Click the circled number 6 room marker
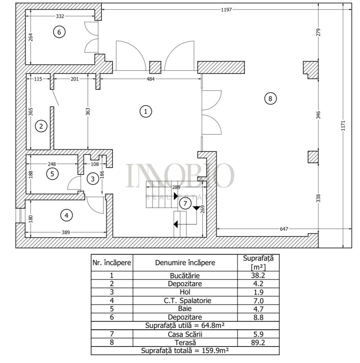59,32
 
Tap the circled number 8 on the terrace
270,99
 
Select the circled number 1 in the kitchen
146,111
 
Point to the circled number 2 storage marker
41,126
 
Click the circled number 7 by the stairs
185,204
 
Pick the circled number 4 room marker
67,215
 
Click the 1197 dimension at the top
227,10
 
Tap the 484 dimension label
151,79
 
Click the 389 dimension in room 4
66,233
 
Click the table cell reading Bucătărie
185,275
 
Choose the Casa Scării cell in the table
185,334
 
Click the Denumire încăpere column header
185,263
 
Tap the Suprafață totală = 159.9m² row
185,351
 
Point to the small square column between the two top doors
155,67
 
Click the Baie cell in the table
185,309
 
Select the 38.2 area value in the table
258,275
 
